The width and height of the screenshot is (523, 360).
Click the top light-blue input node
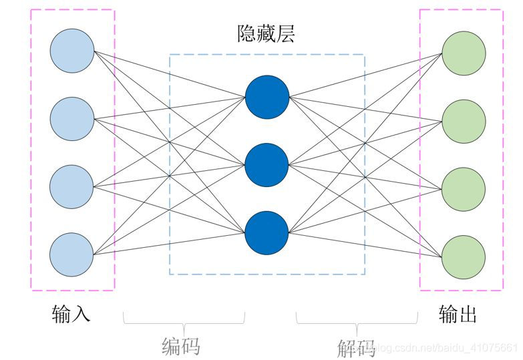72,51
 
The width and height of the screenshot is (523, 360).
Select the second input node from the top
72,119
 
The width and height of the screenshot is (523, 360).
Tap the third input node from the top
72,186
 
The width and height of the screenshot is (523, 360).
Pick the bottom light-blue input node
72,254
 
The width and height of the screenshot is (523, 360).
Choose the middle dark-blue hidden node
267,165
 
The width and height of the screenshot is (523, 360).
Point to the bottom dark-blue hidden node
267,232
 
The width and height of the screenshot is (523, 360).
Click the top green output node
464,53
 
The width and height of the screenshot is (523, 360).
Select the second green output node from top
464,121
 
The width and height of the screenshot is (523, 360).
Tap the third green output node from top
464,188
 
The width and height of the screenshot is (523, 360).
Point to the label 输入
71,313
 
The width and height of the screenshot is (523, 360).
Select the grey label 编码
182,345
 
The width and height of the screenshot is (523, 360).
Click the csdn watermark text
445,347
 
